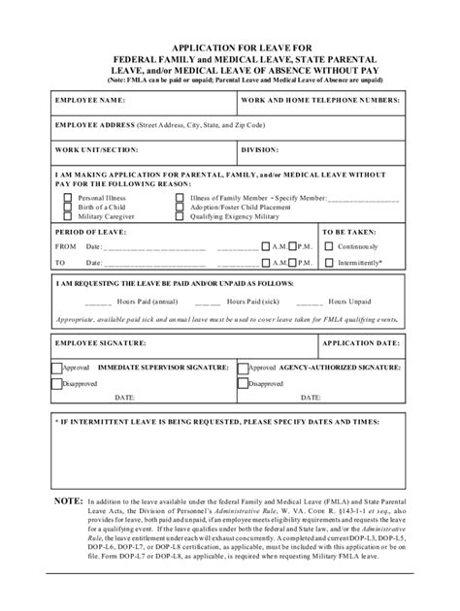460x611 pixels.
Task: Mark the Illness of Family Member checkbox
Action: pos(180,197)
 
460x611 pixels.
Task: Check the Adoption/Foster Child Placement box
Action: pos(180,206)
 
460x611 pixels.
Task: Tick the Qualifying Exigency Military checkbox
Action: pos(180,215)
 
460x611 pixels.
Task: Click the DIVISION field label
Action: pos(262,150)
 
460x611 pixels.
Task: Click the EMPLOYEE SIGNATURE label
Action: pos(100,343)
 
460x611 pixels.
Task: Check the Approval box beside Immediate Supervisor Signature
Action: pos(57,369)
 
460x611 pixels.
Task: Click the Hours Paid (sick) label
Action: pos(255,302)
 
